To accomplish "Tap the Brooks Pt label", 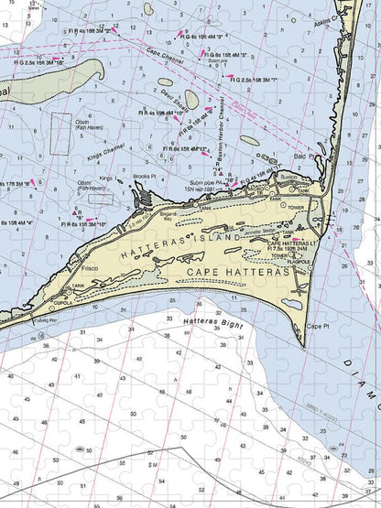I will (x=146, y=176).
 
